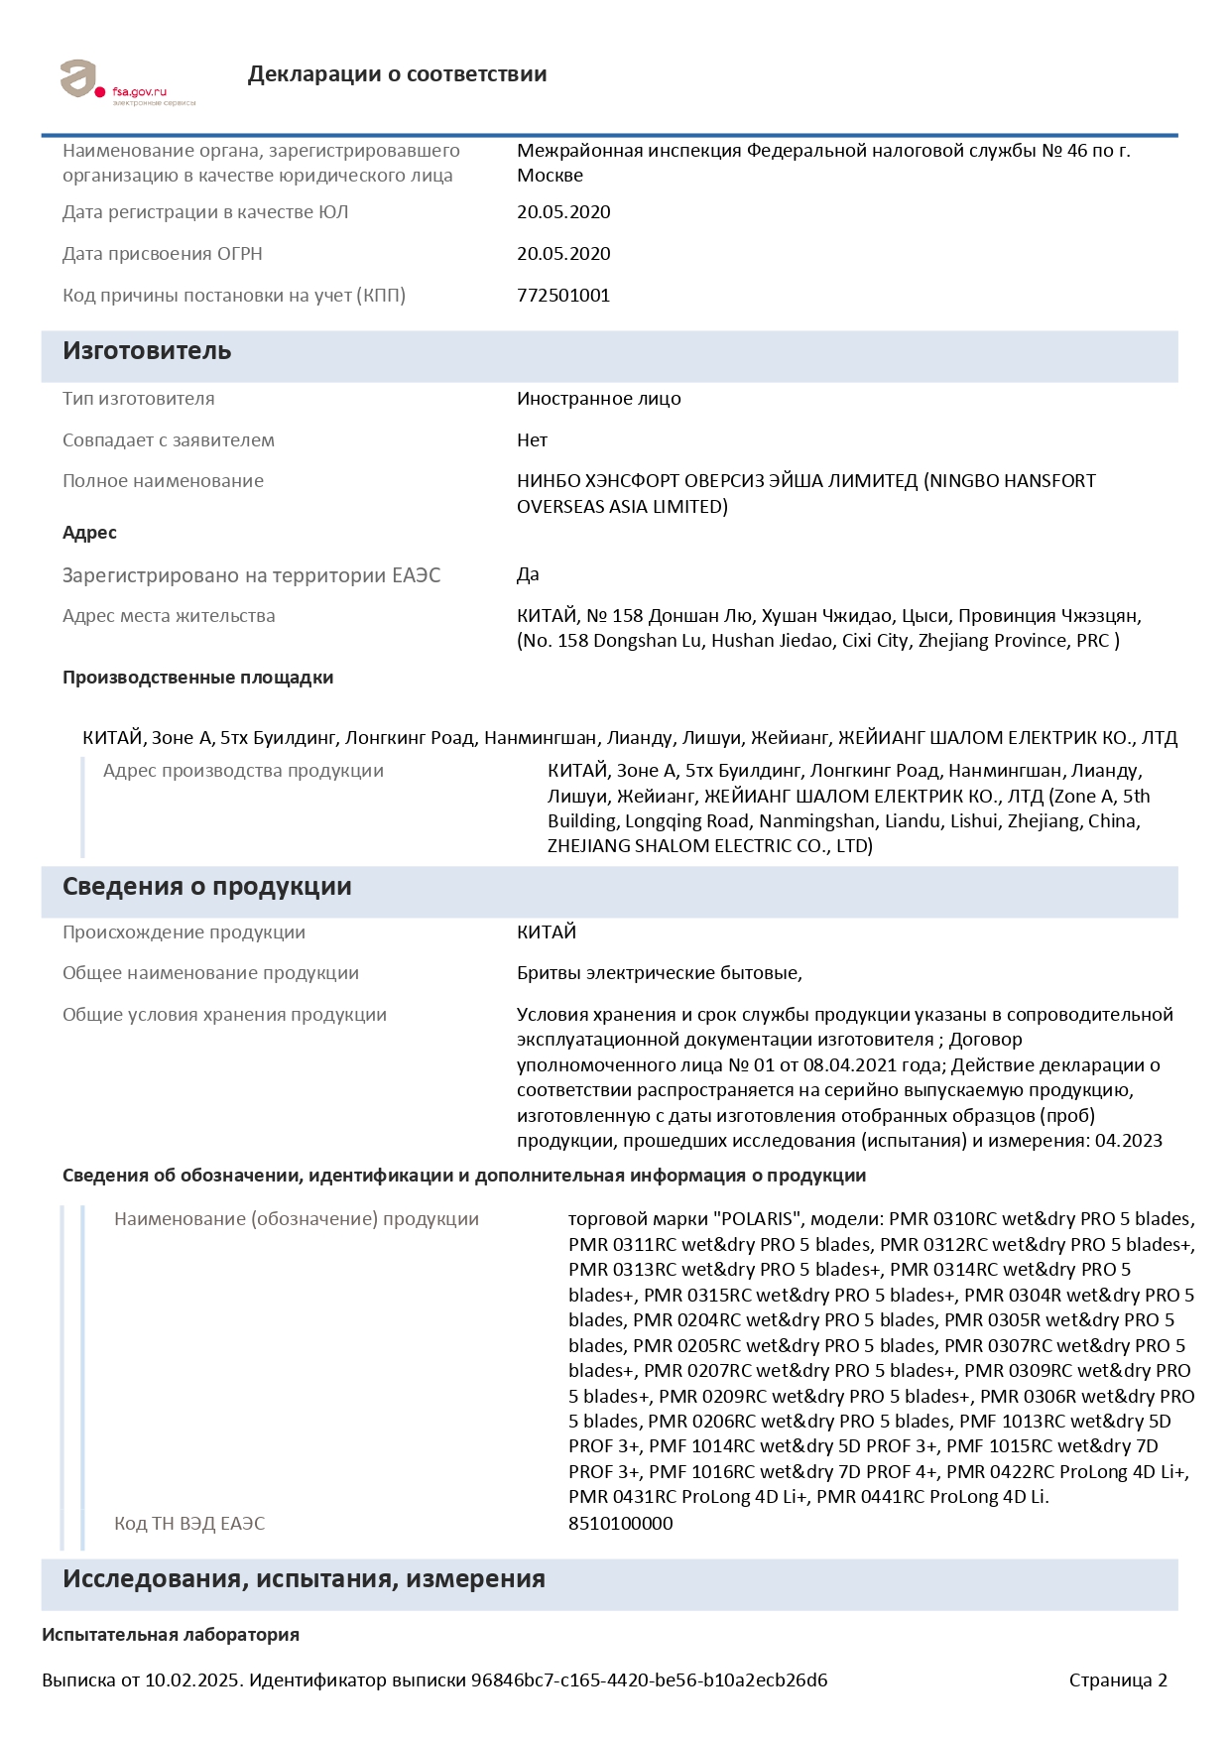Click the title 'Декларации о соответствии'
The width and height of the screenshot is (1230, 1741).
[397, 74]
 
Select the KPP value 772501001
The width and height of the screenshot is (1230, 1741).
[562, 296]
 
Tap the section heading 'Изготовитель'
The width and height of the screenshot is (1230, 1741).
[147, 351]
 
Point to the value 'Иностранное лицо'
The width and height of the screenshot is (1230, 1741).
[598, 399]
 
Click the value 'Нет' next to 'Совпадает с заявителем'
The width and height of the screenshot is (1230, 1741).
[532, 440]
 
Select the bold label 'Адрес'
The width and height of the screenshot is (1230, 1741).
[89, 533]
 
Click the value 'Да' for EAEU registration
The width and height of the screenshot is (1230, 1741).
[528, 574]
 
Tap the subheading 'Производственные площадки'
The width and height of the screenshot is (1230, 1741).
[197, 678]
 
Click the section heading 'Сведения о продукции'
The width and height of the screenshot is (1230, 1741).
[206, 887]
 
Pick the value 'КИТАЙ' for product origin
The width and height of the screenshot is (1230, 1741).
[546, 933]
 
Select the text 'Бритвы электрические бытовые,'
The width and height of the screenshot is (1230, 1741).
[659, 973]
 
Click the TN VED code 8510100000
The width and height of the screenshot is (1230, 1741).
[620, 1524]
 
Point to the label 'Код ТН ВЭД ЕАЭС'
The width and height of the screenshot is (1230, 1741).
[189, 1524]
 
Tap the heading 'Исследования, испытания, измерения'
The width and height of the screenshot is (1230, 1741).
[304, 1579]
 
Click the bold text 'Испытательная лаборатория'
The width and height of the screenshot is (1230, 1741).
[171, 1635]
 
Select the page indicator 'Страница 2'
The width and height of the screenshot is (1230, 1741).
[1118, 1680]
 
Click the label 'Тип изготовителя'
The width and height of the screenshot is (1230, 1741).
[138, 399]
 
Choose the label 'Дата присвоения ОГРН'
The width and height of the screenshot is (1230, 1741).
[162, 254]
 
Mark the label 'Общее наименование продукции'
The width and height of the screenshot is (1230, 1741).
[210, 973]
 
